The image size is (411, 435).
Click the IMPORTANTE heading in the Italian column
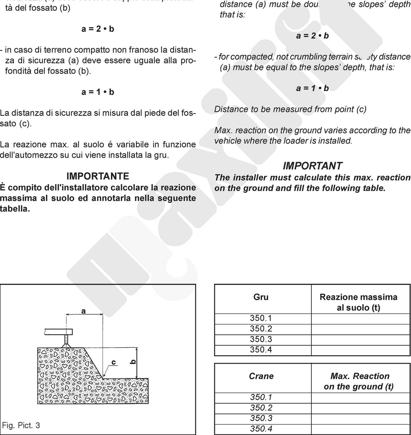point(98,177)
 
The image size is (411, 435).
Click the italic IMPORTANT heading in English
point(312,166)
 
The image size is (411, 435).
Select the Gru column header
point(261,297)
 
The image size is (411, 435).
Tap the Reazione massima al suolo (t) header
point(358,302)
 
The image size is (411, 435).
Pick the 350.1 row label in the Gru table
point(261,319)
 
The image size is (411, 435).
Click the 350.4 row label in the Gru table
point(261,350)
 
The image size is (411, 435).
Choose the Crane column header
point(261,376)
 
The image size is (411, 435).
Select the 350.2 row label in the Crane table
point(261,408)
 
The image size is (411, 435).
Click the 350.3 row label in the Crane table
point(261,418)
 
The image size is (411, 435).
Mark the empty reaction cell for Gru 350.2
point(360,329)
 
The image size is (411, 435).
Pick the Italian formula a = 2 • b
point(98,29)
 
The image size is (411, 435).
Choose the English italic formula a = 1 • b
point(312,88)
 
